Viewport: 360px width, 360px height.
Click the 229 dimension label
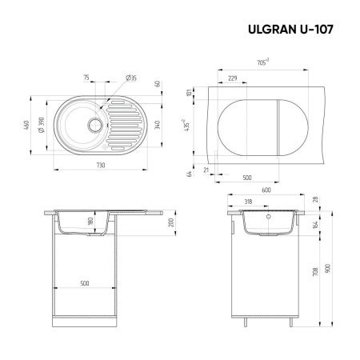tap(233, 78)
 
